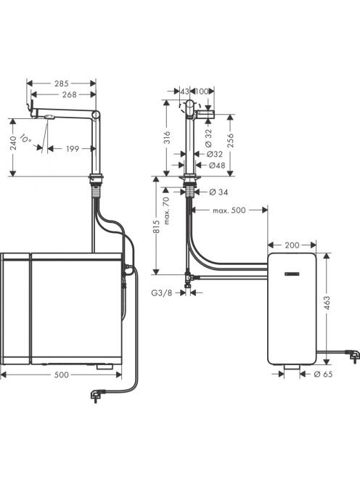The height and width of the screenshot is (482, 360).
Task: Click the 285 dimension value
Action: (x=62, y=83)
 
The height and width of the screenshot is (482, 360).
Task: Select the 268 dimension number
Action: (x=69, y=94)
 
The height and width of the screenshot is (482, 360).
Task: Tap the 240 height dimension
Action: (x=12, y=143)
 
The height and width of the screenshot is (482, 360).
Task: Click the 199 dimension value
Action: (x=73, y=149)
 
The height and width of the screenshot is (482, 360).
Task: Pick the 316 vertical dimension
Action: (x=167, y=137)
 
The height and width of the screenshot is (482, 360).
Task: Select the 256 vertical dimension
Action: (x=231, y=141)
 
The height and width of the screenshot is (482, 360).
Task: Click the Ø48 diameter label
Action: (x=217, y=166)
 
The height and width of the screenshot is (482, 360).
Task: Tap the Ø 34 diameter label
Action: (x=218, y=192)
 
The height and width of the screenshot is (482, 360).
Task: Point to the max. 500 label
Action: (x=229, y=211)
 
